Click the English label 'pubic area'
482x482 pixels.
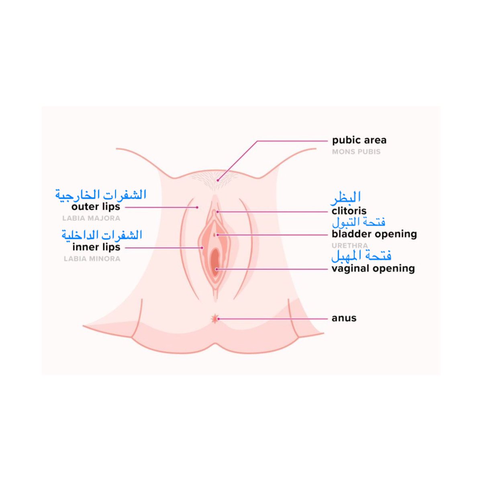(x=359, y=141)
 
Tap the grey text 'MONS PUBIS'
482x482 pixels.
(x=356, y=152)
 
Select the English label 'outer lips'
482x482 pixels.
(x=96, y=207)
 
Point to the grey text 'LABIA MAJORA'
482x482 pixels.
(x=91, y=219)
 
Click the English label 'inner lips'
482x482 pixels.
(x=96, y=247)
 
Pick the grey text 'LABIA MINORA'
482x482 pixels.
(x=92, y=259)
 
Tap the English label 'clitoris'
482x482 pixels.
(x=349, y=211)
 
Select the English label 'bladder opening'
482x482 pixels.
(x=374, y=234)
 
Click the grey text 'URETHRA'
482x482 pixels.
(x=349, y=245)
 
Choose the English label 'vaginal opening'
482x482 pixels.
(x=373, y=268)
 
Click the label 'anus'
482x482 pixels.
(x=344, y=318)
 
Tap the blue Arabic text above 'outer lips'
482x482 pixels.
(x=101, y=195)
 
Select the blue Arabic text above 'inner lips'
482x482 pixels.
(x=102, y=235)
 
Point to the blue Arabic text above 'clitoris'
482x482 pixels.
(x=346, y=197)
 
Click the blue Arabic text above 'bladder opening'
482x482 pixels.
(x=359, y=222)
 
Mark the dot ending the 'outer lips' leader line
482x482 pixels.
(x=197, y=207)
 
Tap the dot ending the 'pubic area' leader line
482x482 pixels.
(x=218, y=180)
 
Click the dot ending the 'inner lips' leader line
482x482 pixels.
(x=202, y=248)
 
